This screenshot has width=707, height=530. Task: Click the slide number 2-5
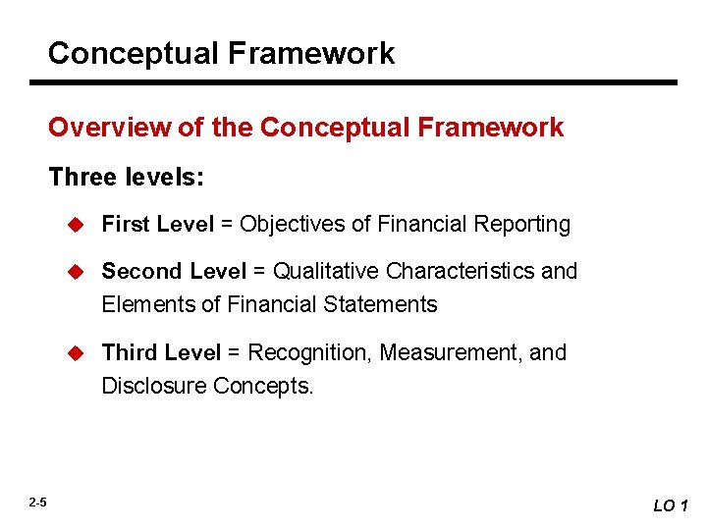pos(37,503)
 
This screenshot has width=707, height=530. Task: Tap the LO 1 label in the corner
pos(672,505)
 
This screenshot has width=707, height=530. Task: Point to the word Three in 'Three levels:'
pos(81,177)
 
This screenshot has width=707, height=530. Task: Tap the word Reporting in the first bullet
pos(523,225)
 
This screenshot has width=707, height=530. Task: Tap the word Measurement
pos(451,352)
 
